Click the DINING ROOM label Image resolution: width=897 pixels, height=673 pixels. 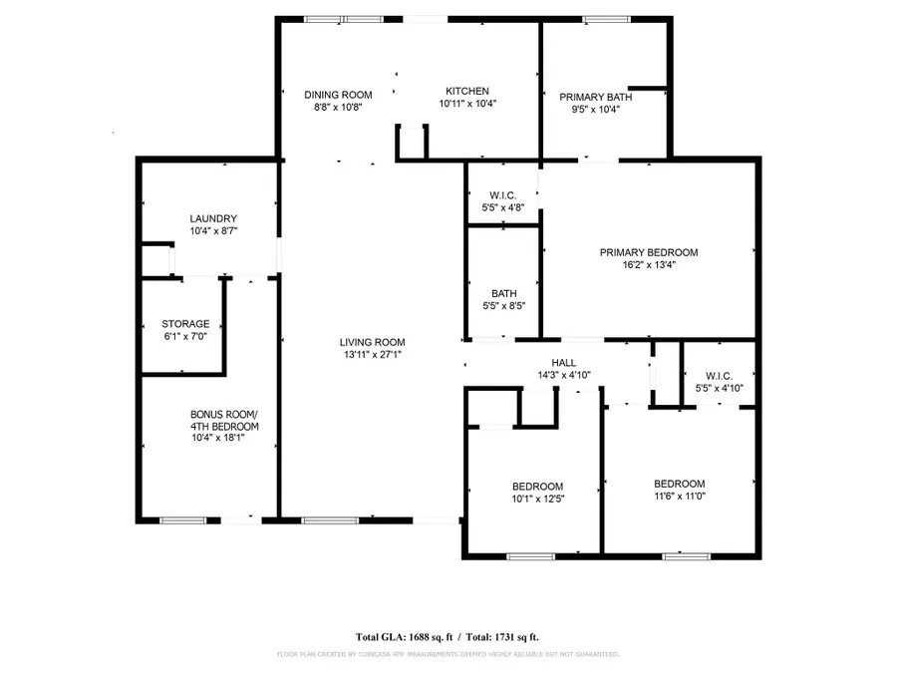(x=338, y=94)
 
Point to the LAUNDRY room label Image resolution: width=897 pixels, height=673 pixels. (x=213, y=218)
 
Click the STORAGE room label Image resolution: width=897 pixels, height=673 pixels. (x=186, y=324)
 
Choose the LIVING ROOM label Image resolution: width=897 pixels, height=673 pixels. (x=370, y=341)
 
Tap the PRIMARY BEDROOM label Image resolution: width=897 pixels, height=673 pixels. (x=648, y=252)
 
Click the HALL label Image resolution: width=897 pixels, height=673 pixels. (x=564, y=363)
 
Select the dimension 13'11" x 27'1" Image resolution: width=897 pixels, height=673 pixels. (x=370, y=353)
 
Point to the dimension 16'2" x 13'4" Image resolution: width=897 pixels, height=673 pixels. (x=648, y=265)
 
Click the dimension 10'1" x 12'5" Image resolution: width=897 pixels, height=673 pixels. (x=538, y=499)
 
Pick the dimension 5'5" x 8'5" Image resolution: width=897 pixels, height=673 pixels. (x=503, y=306)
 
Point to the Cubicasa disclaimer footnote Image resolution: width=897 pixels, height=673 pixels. (x=448, y=654)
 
